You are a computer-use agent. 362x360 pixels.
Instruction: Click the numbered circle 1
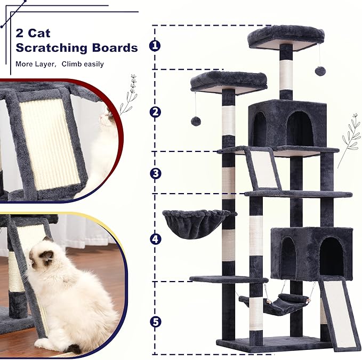[x=155, y=46]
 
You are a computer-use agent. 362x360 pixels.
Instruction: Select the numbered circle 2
[x=155, y=111]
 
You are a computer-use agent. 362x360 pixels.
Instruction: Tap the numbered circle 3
[x=155, y=173]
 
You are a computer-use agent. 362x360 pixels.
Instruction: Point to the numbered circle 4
[x=155, y=239]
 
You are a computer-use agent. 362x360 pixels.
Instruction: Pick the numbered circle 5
[x=155, y=322]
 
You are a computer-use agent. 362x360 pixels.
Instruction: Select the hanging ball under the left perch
[x=196, y=121]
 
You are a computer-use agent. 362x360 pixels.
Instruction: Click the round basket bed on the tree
[x=196, y=223]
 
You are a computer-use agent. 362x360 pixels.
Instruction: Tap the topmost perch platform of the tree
[x=286, y=36]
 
